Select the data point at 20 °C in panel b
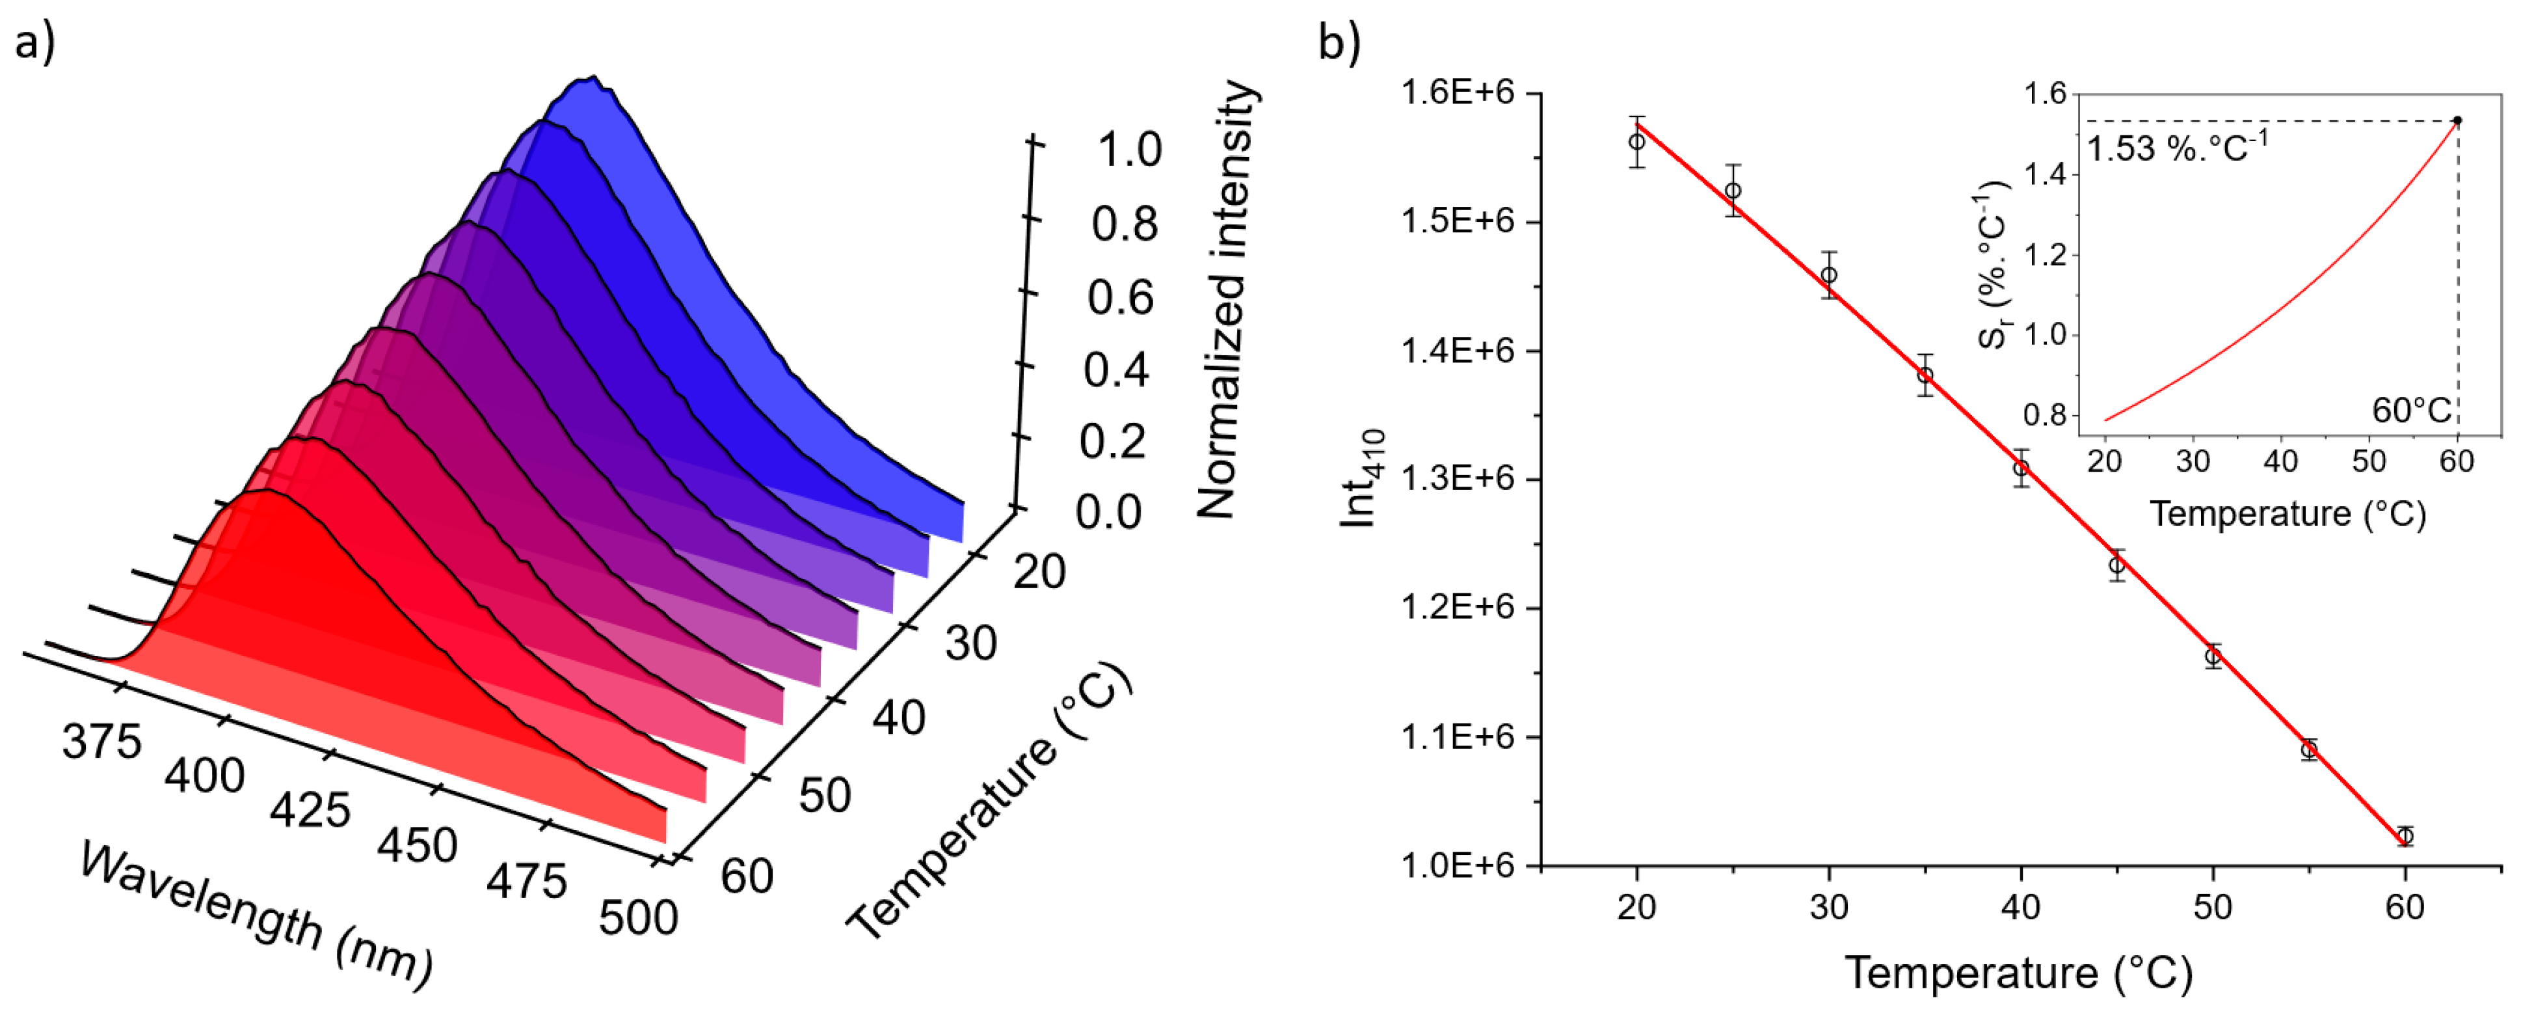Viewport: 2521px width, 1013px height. click(1636, 142)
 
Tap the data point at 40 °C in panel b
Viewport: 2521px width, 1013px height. click(2021, 468)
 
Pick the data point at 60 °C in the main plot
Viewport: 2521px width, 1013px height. click(2405, 836)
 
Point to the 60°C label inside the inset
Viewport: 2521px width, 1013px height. click(2411, 410)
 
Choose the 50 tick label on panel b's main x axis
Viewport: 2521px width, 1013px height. click(2213, 908)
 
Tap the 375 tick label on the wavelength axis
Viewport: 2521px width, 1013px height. click(101, 742)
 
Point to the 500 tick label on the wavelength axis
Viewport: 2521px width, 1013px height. click(638, 918)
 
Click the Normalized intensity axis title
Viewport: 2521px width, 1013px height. click(1227, 299)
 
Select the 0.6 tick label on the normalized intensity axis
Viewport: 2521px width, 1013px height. click(1121, 297)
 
